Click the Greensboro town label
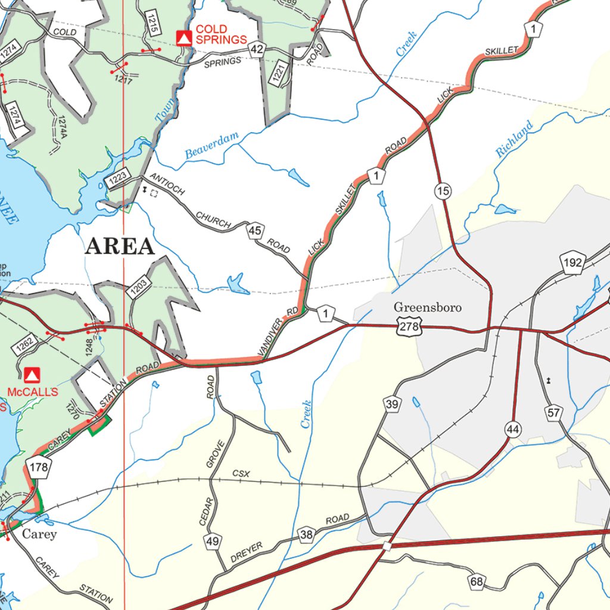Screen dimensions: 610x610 pos(427,308)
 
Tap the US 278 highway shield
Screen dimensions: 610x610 pos(408,325)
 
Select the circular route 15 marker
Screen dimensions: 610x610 pos(443,191)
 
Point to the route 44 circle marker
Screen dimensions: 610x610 pos(512,428)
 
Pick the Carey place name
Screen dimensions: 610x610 pos(39,534)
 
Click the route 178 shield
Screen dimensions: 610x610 pos(39,467)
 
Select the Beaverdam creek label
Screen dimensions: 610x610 pos(211,145)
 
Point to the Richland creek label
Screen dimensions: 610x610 pos(514,139)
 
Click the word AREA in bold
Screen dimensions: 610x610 pos(120,246)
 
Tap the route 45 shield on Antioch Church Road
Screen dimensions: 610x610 pos(255,231)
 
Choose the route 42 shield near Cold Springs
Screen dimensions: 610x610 pos(257,50)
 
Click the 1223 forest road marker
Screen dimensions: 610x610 pos(118,177)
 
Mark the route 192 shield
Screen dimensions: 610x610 pos(572,263)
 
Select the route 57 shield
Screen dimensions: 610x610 pos(554,412)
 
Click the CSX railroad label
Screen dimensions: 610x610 pos(241,474)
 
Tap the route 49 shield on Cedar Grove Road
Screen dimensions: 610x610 pos(213,541)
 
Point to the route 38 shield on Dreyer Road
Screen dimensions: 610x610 pos(306,535)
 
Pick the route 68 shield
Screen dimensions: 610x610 pos(476,582)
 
